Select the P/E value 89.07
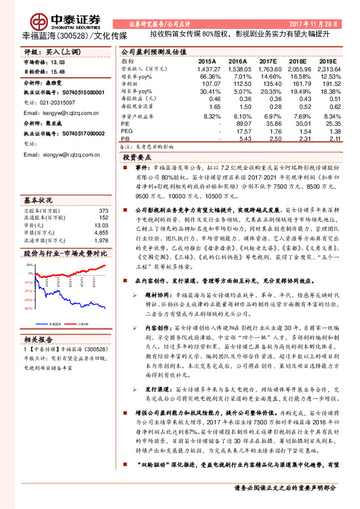coord(242,122)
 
